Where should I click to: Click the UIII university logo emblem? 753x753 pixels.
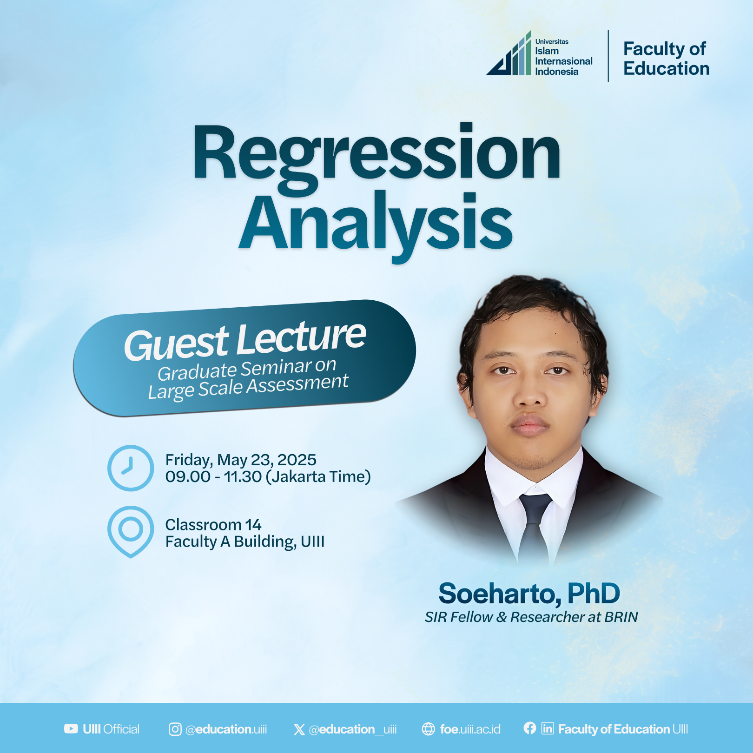click(509, 53)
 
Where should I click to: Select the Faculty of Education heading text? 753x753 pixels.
click(666, 59)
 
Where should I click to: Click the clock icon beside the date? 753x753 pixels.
click(131, 468)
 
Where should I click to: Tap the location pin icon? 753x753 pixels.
click(131, 532)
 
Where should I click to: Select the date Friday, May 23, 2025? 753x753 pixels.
click(241, 460)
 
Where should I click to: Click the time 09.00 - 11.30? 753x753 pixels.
click(213, 477)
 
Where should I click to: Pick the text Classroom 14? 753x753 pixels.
click(213, 525)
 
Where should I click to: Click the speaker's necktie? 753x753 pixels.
click(534, 525)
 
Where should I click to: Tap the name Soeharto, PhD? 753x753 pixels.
click(529, 594)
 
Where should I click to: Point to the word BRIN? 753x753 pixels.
click(621, 617)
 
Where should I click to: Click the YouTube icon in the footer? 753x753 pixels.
click(71, 729)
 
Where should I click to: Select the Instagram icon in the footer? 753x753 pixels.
click(175, 729)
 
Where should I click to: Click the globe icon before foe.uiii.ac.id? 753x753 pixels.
click(428, 729)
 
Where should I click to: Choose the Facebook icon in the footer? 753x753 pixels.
click(530, 728)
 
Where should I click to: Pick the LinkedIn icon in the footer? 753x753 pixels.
click(548, 728)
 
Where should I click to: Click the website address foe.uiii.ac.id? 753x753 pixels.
click(470, 729)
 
